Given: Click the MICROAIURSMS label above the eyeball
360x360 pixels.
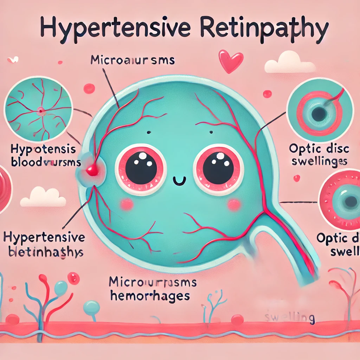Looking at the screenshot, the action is [133, 60].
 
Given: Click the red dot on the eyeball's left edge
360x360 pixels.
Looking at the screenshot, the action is [92, 171].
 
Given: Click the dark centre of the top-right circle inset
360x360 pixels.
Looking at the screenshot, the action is [320, 113].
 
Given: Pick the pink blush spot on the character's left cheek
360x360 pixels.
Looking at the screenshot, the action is [127, 204].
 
